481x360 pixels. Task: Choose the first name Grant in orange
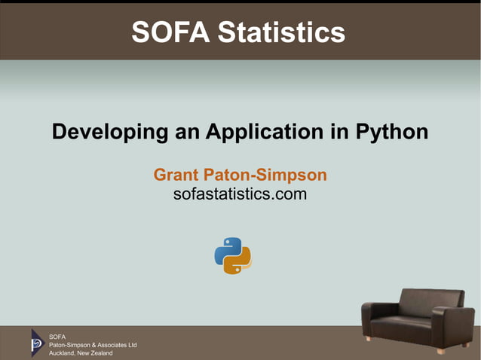tap(176, 175)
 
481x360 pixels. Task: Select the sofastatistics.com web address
tap(240, 195)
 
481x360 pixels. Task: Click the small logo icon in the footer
tap(37, 343)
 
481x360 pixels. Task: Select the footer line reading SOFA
tap(57, 336)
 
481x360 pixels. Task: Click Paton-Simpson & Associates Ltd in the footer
tap(93, 344)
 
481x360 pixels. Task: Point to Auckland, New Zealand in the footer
tap(81, 353)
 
